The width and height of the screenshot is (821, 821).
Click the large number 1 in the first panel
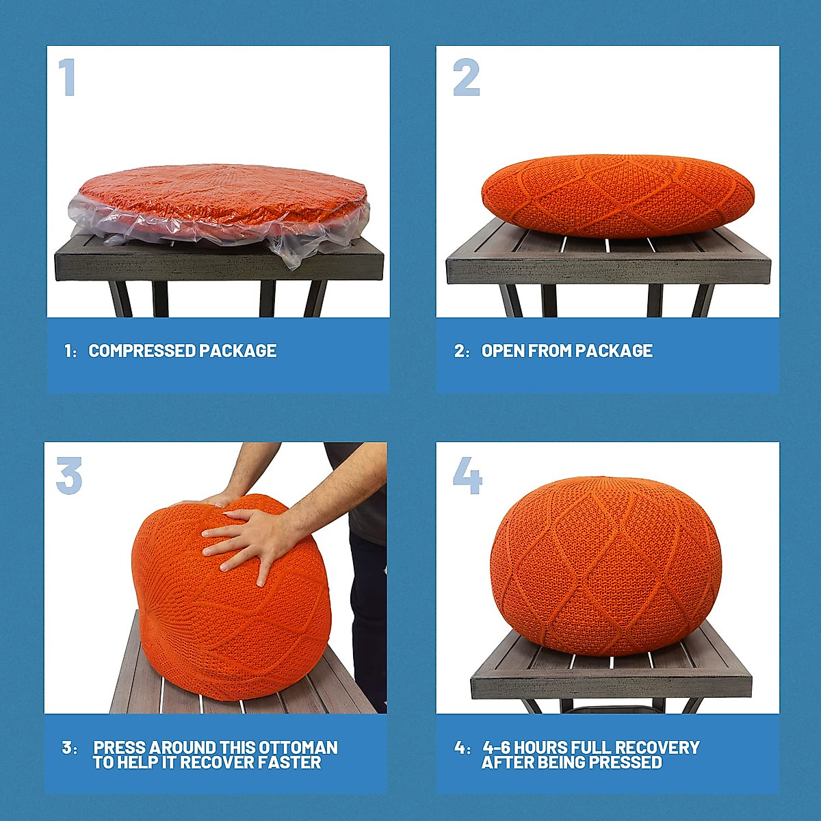(x=67, y=77)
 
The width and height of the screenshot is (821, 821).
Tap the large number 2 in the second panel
(x=467, y=77)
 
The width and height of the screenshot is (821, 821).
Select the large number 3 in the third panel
(x=68, y=475)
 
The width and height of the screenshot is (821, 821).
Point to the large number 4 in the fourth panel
(x=467, y=475)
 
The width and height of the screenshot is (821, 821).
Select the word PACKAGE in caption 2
(x=614, y=351)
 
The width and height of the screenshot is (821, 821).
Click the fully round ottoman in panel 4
(x=605, y=564)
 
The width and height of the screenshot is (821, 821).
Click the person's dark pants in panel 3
(x=368, y=616)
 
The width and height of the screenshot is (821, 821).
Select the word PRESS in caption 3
(x=119, y=747)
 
